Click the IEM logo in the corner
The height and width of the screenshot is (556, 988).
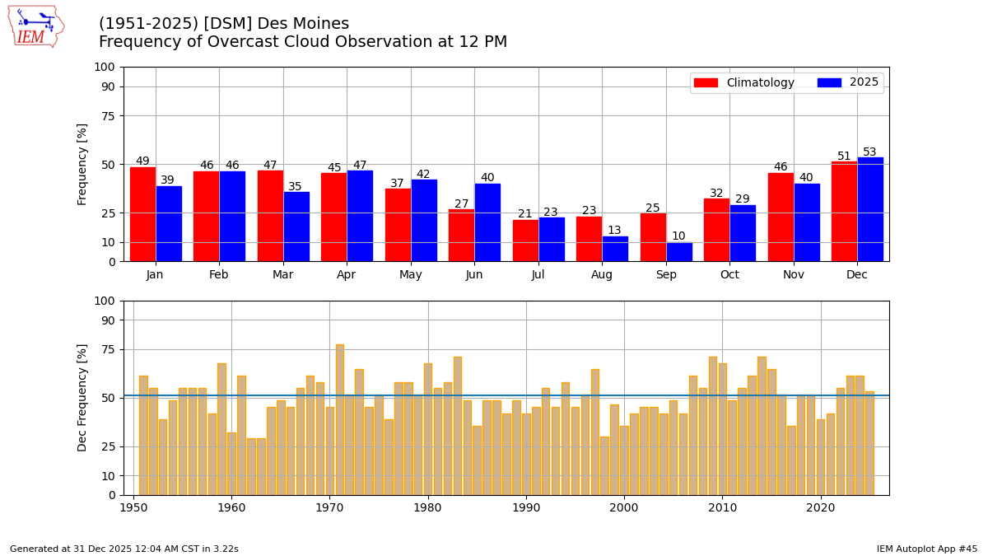pos(35,26)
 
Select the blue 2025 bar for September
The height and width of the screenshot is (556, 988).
pos(679,252)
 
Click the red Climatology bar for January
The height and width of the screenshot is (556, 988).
pos(142,214)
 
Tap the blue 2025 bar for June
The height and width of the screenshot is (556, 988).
pos(487,222)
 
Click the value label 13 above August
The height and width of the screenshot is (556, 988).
pos(614,231)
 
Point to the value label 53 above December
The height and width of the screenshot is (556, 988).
pos(869,152)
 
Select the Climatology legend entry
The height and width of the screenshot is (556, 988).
pos(743,82)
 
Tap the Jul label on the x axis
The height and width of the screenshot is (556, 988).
pos(538,275)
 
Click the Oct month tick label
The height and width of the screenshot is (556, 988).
pos(729,275)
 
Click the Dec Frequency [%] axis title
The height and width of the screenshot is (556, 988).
pos(82,398)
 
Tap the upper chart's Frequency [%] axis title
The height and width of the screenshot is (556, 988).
pos(82,164)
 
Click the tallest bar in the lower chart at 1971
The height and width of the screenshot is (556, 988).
pos(340,420)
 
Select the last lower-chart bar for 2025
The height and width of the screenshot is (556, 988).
pos(869,443)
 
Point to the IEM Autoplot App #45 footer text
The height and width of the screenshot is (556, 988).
pos(926,549)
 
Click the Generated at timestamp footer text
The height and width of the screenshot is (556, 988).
pos(124,549)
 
